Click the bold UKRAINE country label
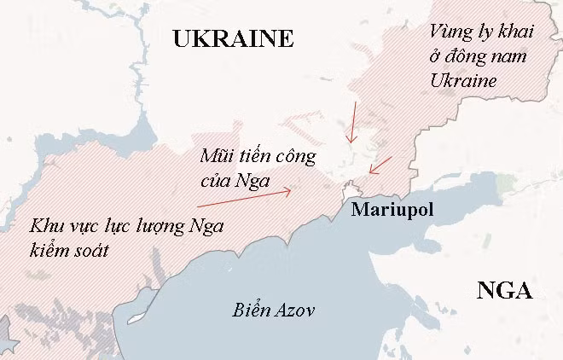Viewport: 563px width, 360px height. pos(232,38)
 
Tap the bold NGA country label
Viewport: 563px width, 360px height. pos(504,291)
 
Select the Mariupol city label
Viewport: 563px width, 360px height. pos(392,210)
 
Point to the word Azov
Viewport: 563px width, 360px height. pos(293,311)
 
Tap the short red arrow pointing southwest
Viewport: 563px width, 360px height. pos(380,164)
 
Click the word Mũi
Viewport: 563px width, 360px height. pos(214,157)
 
